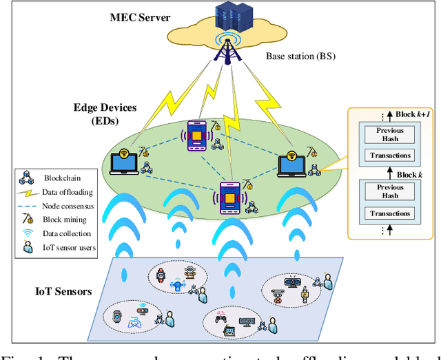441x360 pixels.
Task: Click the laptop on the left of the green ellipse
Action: pos(125,160)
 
